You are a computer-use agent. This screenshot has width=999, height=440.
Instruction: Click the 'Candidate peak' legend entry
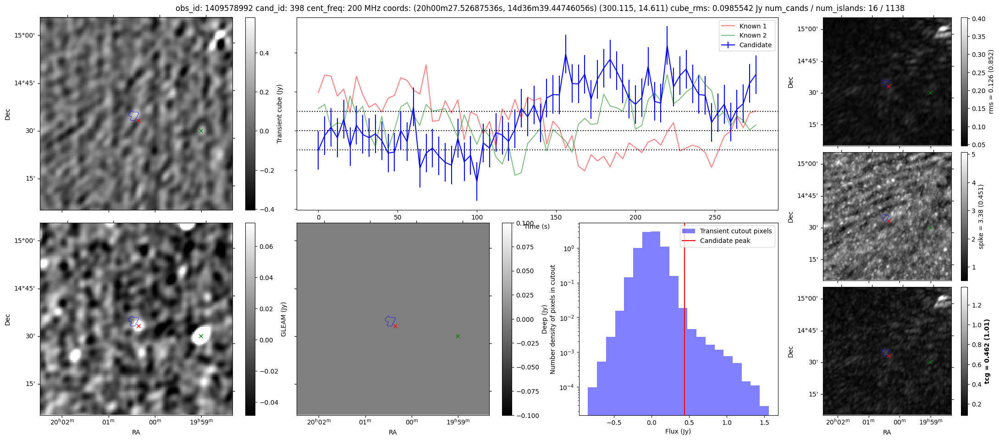click(x=725, y=241)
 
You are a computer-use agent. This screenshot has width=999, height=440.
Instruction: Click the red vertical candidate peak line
click(x=684, y=321)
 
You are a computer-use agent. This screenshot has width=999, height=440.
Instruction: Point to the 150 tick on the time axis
click(x=556, y=217)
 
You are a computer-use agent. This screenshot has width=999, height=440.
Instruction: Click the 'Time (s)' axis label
click(x=537, y=226)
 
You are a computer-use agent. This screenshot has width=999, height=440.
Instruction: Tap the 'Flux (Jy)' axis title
click(x=678, y=431)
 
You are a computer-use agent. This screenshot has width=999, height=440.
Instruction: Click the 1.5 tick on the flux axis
click(x=764, y=423)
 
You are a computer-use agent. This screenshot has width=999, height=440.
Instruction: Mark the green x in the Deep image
click(x=201, y=336)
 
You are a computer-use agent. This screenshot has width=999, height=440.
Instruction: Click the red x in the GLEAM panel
click(x=395, y=326)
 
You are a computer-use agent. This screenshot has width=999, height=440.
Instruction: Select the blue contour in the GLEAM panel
click(x=390, y=320)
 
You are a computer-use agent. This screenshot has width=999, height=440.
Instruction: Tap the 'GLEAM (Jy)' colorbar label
click(x=283, y=319)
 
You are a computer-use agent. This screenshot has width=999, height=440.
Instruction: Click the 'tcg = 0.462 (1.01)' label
click(x=987, y=352)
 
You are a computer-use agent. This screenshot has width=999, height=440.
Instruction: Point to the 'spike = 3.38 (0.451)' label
click(x=981, y=216)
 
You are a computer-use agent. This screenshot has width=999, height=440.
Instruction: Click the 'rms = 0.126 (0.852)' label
click(x=991, y=82)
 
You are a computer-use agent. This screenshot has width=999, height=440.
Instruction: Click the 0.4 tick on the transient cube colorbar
click(x=263, y=53)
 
